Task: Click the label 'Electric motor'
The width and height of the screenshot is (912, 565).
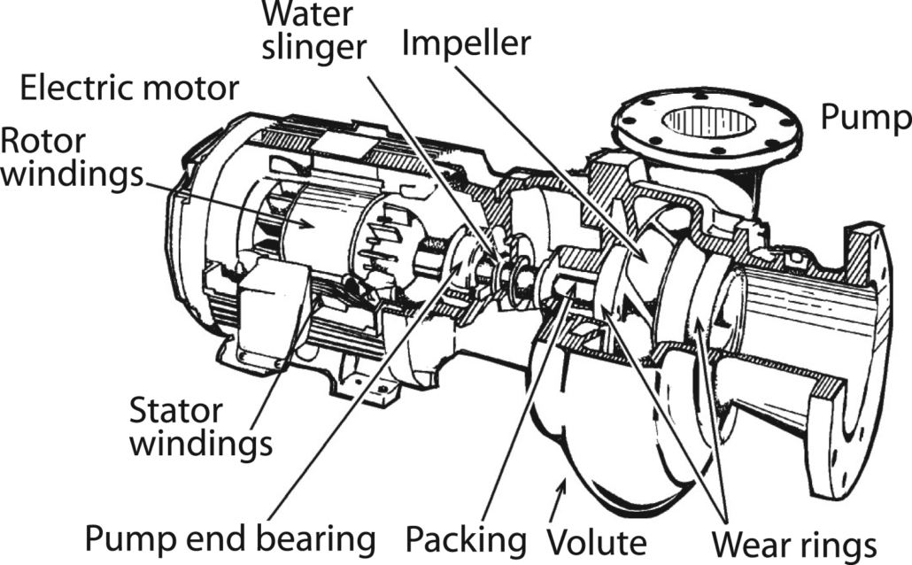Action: [x=129, y=89]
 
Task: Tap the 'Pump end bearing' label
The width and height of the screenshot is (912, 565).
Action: [x=226, y=538]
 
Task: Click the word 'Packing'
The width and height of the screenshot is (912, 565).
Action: [x=465, y=538]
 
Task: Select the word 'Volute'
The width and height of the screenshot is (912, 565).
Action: [x=595, y=539]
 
